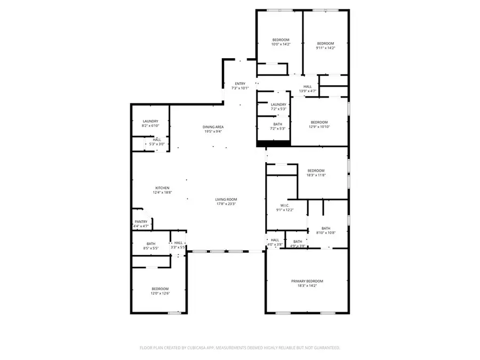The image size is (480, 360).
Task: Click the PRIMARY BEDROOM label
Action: click(x=307, y=281)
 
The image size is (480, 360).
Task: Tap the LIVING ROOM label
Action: click(x=226, y=199)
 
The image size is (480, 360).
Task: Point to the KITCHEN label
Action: click(x=162, y=188)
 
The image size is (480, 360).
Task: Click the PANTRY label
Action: click(x=141, y=222)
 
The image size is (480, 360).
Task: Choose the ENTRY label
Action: click(x=241, y=84)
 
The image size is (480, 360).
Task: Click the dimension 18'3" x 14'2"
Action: click(x=307, y=286)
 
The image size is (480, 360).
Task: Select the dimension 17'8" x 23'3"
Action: click(x=226, y=204)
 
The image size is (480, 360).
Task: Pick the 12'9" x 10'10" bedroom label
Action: click(x=319, y=122)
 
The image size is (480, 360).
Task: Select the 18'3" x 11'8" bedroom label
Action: click(x=316, y=171)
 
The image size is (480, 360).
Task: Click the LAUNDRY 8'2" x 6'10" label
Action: click(x=150, y=121)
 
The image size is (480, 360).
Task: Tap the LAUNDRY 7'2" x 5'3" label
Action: click(x=278, y=105)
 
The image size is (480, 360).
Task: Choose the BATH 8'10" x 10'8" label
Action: click(x=325, y=228)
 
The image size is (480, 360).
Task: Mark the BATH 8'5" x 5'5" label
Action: click(x=151, y=244)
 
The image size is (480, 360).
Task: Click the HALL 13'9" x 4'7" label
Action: click(x=308, y=86)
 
